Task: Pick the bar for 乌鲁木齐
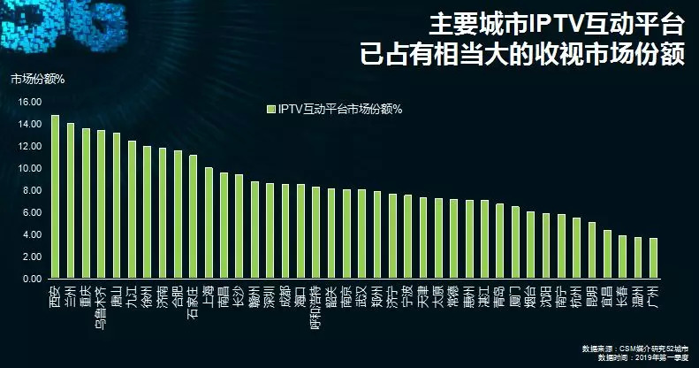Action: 101,204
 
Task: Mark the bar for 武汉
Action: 361,234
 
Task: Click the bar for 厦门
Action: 515,242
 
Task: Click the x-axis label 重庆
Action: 86,292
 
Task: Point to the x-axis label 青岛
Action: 499,292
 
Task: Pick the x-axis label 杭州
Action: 576,292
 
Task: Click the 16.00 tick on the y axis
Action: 29,102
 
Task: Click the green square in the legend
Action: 270,110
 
